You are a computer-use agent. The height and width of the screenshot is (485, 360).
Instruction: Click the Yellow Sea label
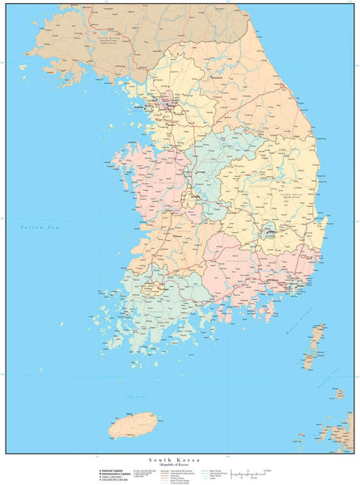point(36,230)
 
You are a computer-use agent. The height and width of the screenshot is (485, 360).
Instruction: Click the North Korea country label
point(109,38)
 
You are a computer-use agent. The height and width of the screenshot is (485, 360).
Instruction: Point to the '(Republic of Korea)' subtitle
point(180,466)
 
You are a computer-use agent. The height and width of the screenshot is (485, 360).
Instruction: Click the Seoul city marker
point(169,103)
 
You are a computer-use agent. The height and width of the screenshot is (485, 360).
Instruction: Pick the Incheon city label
point(150,106)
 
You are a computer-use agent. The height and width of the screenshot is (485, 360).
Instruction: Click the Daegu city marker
point(267,231)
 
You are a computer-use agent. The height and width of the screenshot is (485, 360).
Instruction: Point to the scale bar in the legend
point(251,473)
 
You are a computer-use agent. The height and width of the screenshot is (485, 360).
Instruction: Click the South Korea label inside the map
point(291,195)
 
